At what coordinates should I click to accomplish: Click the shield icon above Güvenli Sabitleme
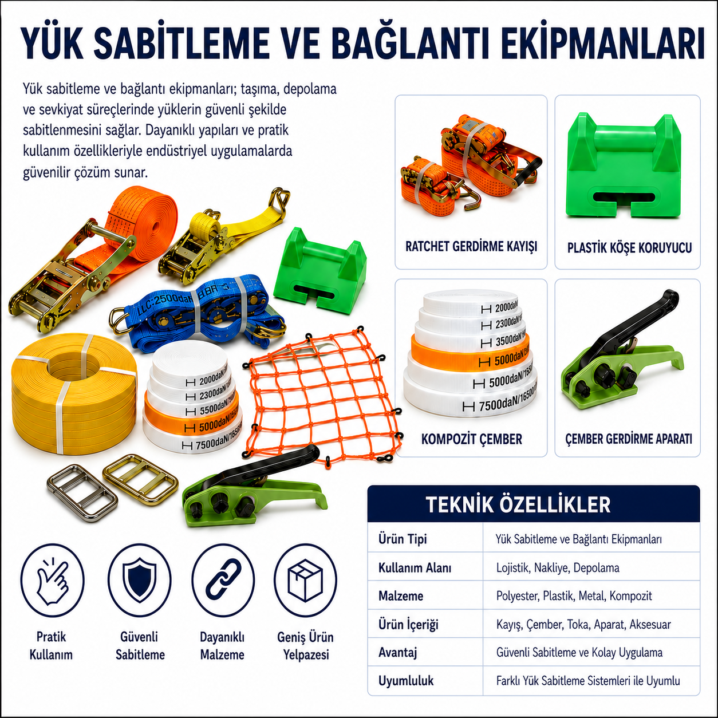coord(139,580)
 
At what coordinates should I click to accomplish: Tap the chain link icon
coord(223,580)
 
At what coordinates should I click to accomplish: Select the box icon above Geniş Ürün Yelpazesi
coord(305,580)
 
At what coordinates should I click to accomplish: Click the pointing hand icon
coord(52,581)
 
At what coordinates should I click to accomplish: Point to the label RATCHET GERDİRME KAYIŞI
coord(471,246)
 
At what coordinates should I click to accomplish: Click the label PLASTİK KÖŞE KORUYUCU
coord(629,247)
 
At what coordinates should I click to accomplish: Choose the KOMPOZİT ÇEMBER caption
coord(471,439)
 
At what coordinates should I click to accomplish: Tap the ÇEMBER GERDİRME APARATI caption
coord(629,439)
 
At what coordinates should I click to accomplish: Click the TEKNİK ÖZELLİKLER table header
coord(518,504)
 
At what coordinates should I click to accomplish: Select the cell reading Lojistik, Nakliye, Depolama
coord(558,567)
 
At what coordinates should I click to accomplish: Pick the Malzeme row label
coord(401,596)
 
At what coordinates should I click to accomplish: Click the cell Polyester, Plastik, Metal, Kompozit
coord(574,596)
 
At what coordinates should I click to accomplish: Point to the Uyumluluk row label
coord(406,681)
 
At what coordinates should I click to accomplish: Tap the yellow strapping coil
coord(74,393)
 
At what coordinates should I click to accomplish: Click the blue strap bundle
coord(198,313)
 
